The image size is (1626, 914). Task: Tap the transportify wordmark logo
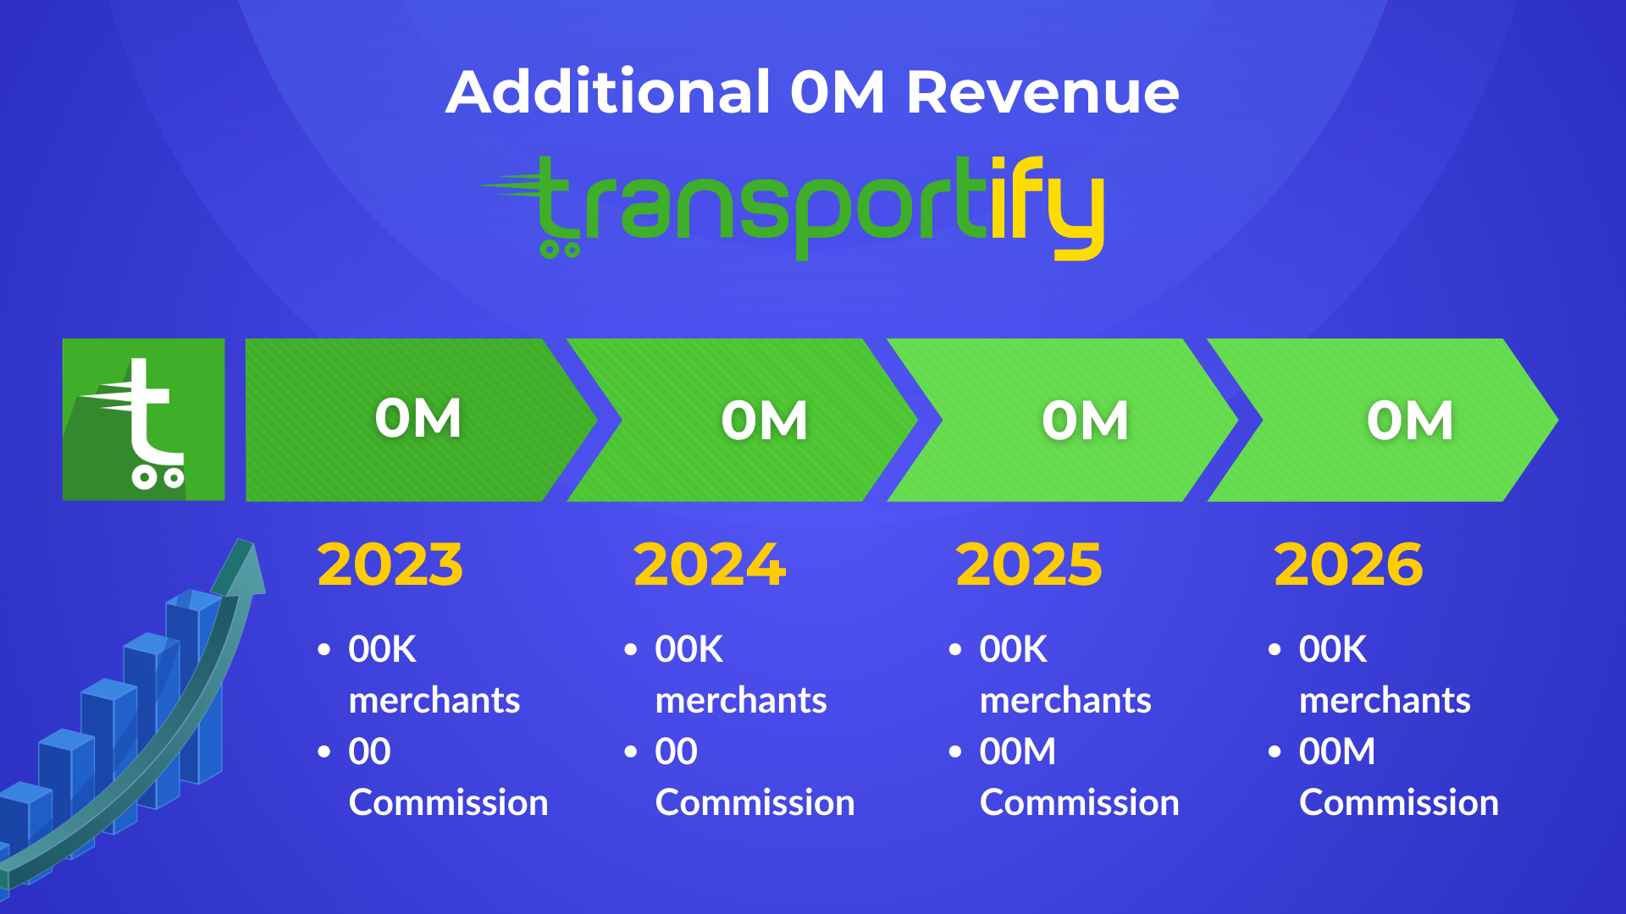pyautogui.click(x=793, y=207)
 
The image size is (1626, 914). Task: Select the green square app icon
pyautogui.click(x=144, y=420)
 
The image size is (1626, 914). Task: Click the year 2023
pyautogui.click(x=390, y=564)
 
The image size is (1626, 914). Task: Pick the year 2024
pyautogui.click(x=710, y=564)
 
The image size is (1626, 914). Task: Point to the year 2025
pyautogui.click(x=1029, y=564)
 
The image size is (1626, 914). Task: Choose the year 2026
pyautogui.click(x=1348, y=564)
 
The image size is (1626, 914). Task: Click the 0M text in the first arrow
pyautogui.click(x=418, y=418)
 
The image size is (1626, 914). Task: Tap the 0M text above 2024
pyautogui.click(x=765, y=420)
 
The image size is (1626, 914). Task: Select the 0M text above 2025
pyautogui.click(x=1086, y=420)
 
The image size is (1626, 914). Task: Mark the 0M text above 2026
pyautogui.click(x=1411, y=420)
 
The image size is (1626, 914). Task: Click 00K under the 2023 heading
pyautogui.click(x=382, y=649)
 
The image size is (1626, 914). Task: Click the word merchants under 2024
pyautogui.click(x=741, y=701)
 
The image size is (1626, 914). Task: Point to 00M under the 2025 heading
pyautogui.click(x=1018, y=752)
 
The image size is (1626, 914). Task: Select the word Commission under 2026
pyautogui.click(x=1399, y=802)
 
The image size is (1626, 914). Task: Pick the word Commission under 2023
pyautogui.click(x=449, y=802)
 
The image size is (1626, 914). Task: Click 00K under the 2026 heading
pyautogui.click(x=1333, y=649)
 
